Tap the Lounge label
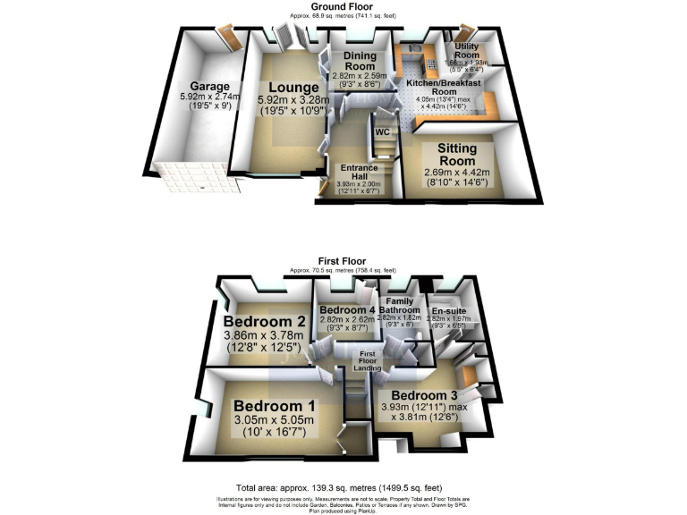tap(282, 87)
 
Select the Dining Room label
tap(360, 61)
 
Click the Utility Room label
tap(468, 49)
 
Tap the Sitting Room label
tap(456, 153)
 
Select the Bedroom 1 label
tap(269, 406)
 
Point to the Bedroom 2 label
tap(266, 322)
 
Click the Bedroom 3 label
tap(424, 395)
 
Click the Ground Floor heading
tap(343, 5)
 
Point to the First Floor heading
tap(343, 261)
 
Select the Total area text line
tap(343, 487)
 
